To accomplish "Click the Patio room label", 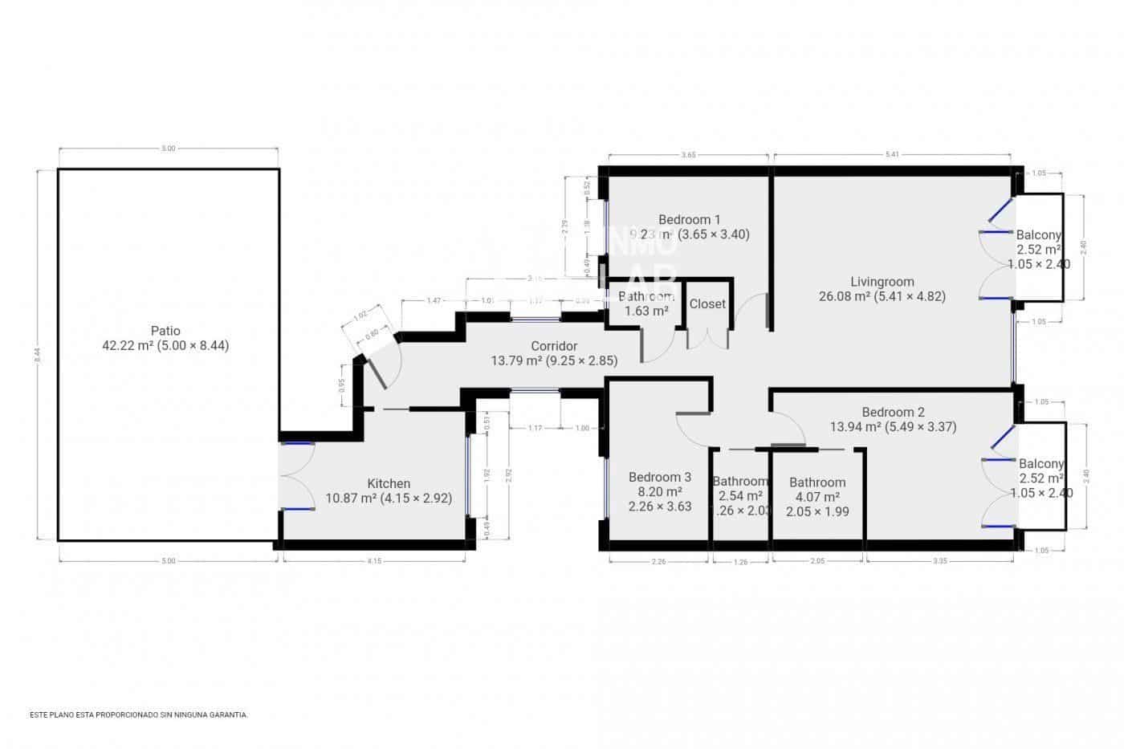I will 165,331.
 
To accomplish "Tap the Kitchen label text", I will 389,483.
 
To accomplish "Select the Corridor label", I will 554,346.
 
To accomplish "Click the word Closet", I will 707,304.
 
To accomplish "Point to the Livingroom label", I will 882,282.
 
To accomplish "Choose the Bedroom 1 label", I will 689,219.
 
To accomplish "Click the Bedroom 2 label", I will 893,412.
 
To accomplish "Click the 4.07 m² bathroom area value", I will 817,497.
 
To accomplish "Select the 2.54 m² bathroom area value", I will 739,496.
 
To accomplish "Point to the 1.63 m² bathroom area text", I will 646,311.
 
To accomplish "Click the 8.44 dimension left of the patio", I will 39,354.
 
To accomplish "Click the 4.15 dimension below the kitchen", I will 374,561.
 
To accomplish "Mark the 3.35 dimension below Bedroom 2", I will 940,561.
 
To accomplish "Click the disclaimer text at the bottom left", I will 139,714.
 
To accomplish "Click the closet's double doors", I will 707,339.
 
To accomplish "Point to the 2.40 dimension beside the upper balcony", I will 1083,247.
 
